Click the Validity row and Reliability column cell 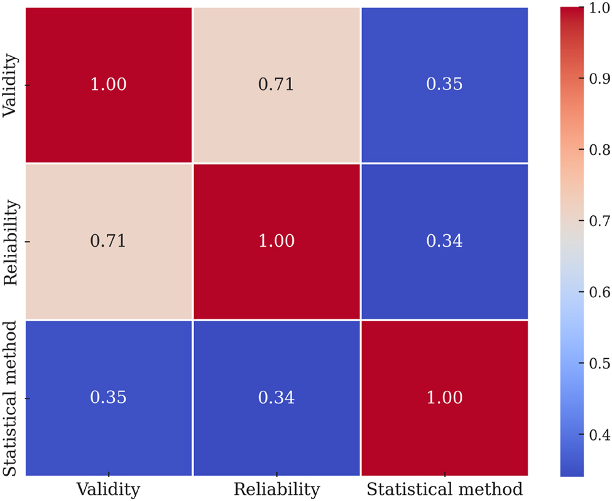(x=276, y=84)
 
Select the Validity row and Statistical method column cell (x=444, y=84)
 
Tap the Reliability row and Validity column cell (x=109, y=241)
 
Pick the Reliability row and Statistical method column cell (x=444, y=241)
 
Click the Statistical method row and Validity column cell (x=109, y=398)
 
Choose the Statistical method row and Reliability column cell (x=276, y=398)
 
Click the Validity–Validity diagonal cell (x=109, y=84)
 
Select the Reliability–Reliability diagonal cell (x=276, y=241)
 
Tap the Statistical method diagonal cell (x=444, y=398)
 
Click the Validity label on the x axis (x=109, y=489)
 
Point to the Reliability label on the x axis (x=276, y=489)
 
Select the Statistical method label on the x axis (x=444, y=489)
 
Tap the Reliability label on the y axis (x=11, y=241)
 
